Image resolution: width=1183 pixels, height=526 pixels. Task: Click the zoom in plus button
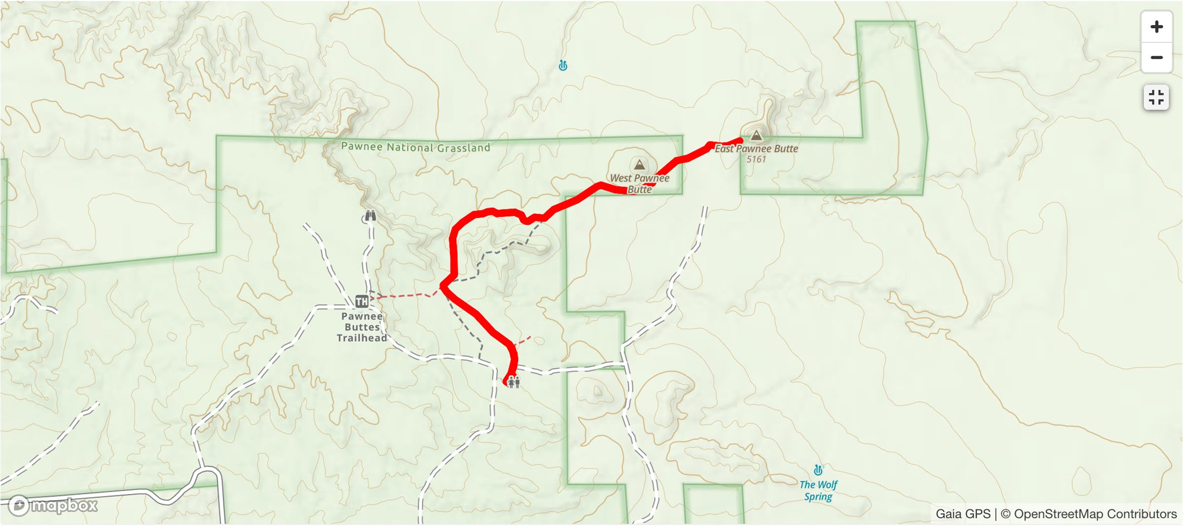tap(1156, 27)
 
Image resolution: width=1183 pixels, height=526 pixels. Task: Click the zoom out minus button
tap(1156, 58)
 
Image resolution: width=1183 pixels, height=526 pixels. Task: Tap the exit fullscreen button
tap(1156, 98)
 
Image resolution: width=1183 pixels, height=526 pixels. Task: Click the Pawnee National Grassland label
tap(416, 147)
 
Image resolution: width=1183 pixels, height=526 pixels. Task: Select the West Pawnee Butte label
tap(639, 183)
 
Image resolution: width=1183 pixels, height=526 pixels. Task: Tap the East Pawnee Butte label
tap(756, 148)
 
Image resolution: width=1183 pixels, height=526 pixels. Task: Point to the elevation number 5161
tap(756, 159)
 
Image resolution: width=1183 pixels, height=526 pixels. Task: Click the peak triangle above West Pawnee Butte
tap(639, 165)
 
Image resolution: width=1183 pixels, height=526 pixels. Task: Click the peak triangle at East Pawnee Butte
tap(756, 135)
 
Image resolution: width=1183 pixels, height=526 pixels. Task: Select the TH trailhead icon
tap(361, 301)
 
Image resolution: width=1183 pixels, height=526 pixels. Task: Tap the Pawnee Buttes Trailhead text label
tap(362, 327)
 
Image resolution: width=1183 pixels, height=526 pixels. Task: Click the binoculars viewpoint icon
tap(370, 216)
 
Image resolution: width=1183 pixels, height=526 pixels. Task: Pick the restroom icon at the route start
tap(514, 382)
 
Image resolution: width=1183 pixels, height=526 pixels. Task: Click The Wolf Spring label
tap(818, 491)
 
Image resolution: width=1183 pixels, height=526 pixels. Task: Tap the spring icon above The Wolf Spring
tap(818, 470)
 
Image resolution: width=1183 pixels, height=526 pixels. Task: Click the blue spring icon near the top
tap(563, 66)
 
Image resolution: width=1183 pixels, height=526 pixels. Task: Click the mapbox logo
tap(53, 505)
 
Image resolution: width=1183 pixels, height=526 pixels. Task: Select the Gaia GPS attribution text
tap(963, 514)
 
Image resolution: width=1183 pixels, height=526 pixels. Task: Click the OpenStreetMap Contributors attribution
tap(1089, 514)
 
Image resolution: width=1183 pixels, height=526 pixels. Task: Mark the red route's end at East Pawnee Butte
tap(739, 141)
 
